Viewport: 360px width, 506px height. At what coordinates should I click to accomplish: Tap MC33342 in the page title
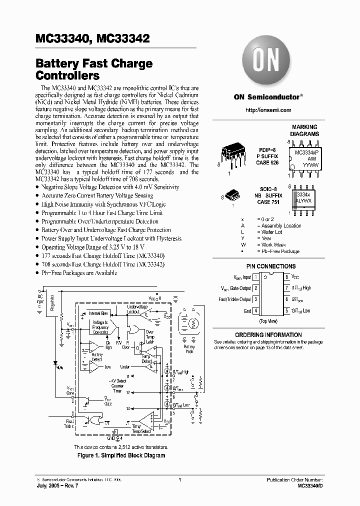click(123, 38)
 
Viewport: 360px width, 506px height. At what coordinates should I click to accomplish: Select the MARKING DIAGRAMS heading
click(305, 131)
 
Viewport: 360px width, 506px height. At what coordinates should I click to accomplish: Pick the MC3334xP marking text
click(308, 151)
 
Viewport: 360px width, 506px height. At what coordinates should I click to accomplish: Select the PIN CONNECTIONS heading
click(271, 266)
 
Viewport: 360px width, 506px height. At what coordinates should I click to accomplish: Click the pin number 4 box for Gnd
click(256, 310)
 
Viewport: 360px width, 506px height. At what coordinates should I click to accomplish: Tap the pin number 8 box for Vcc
click(287, 276)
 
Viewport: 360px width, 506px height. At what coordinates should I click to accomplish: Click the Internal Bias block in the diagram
click(99, 313)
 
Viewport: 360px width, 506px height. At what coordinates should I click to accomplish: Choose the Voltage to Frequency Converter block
click(100, 326)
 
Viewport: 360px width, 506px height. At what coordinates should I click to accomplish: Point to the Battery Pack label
click(189, 348)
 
